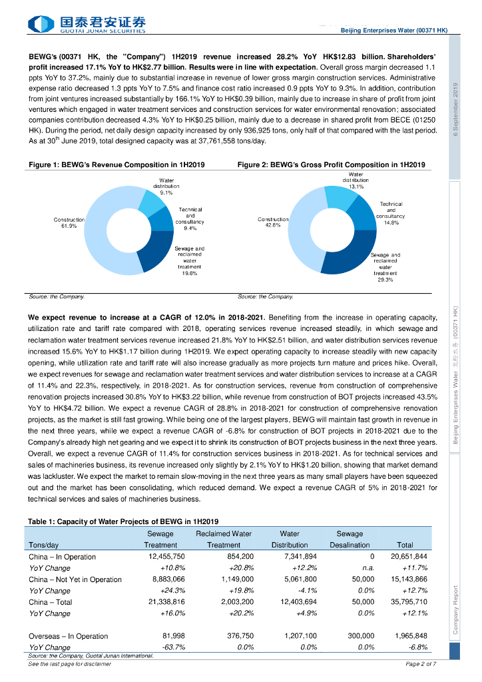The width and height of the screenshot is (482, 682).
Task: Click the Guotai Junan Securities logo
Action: click(x=87, y=25)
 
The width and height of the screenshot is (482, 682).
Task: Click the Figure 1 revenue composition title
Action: click(x=117, y=164)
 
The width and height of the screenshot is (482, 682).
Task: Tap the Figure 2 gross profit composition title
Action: click(x=332, y=164)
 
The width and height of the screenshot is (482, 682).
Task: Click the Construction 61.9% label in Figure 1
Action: click(x=69, y=222)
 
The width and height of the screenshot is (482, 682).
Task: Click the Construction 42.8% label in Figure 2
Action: click(x=273, y=222)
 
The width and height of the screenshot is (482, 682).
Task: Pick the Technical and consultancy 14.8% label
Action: click(x=391, y=214)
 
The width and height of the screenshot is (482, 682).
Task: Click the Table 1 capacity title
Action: click(x=123, y=520)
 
